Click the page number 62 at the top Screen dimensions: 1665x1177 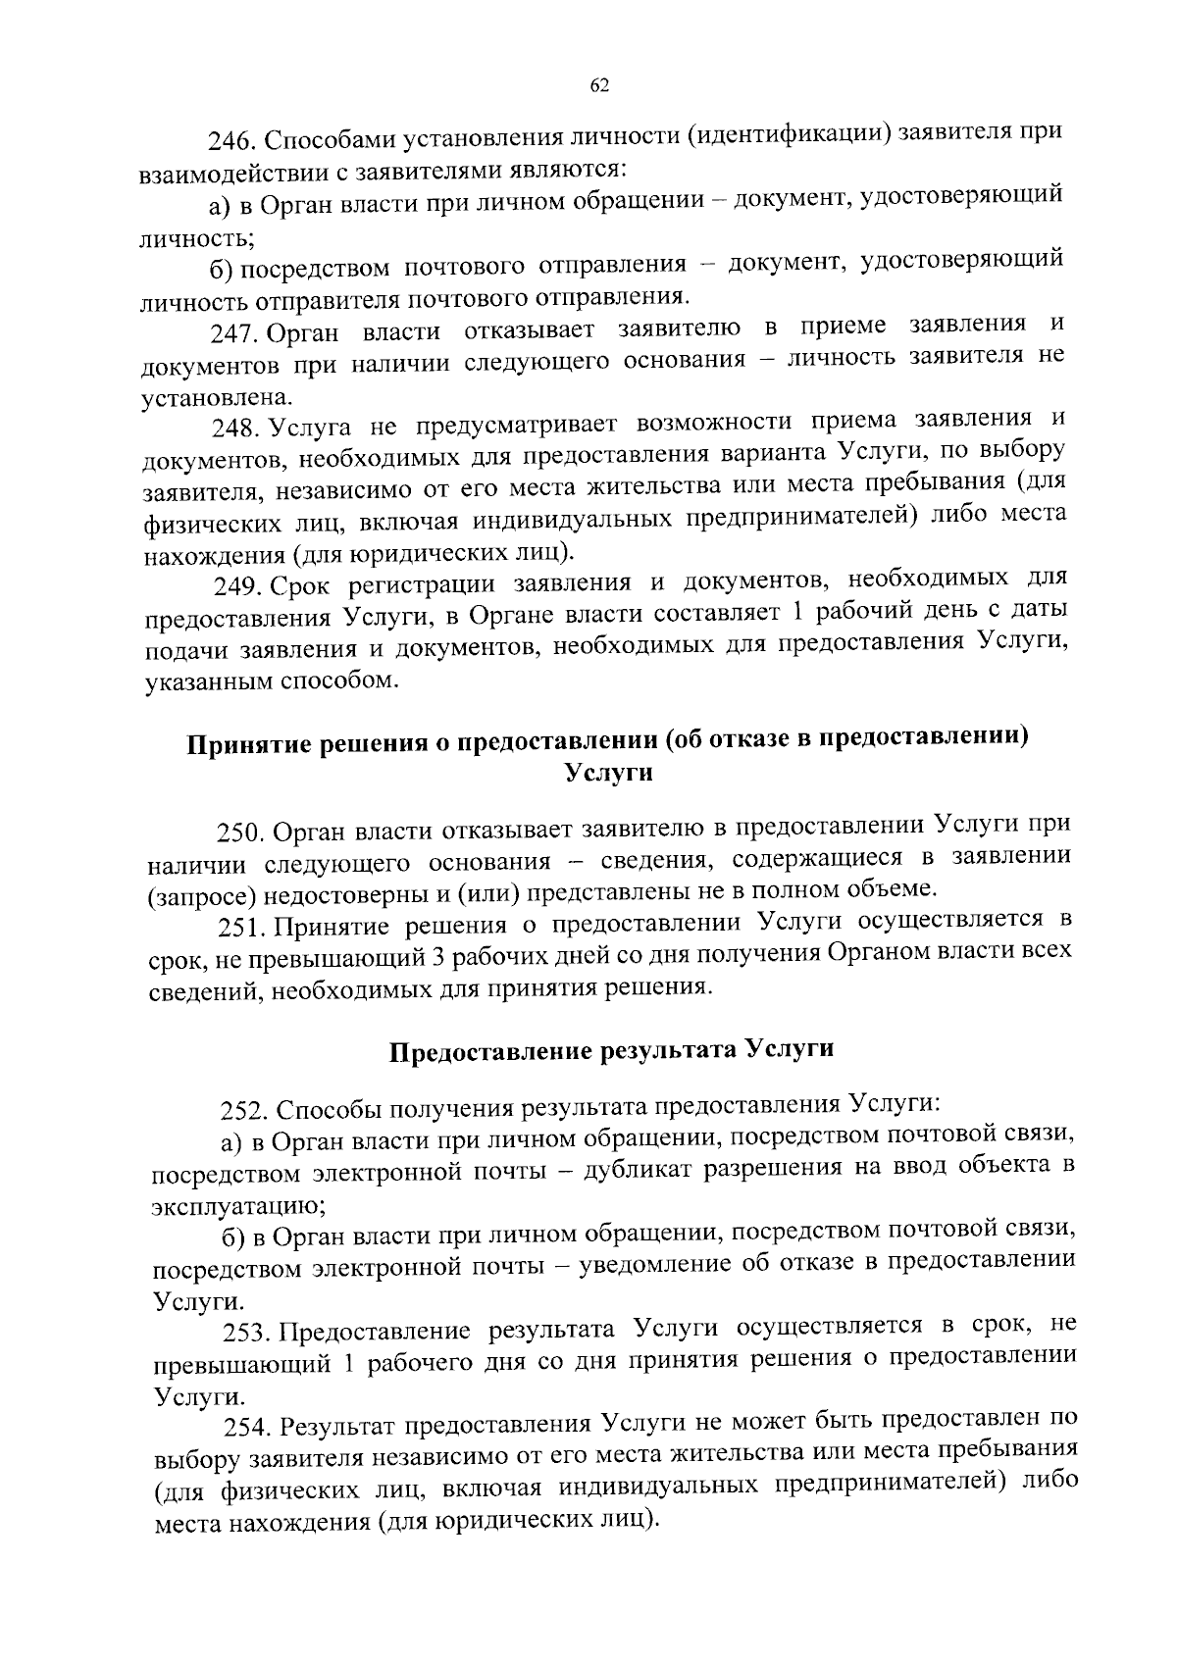click(599, 86)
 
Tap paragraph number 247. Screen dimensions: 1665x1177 click(232, 332)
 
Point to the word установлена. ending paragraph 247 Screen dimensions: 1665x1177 click(203, 397)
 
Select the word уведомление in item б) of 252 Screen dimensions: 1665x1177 click(654, 1264)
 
